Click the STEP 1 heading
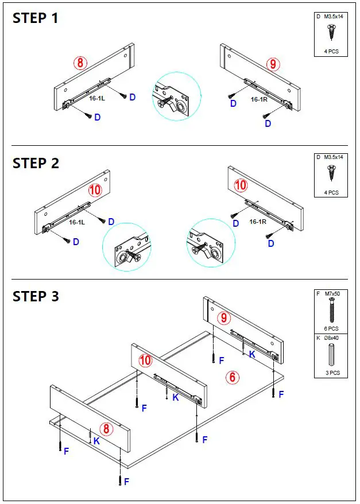click(36, 18)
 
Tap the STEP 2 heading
click(36, 163)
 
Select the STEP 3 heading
click(36, 297)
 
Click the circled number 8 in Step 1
click(80, 63)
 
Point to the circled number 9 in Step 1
click(273, 64)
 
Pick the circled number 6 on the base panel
click(233, 377)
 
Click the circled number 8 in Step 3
click(106, 429)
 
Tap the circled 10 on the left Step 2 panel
click(95, 189)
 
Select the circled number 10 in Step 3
click(146, 360)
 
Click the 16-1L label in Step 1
click(97, 98)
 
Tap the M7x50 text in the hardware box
click(333, 294)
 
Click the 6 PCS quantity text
click(331, 329)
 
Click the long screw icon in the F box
click(332, 311)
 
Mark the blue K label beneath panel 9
click(252, 355)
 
